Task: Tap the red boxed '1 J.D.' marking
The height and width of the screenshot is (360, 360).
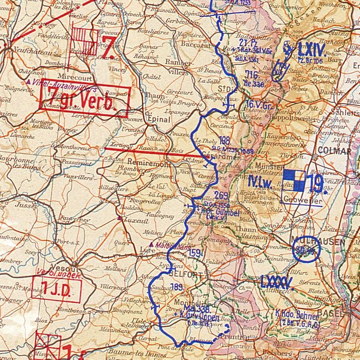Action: click(56, 286)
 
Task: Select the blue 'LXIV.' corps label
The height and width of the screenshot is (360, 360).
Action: click(310, 50)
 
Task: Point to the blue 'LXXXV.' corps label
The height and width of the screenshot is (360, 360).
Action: click(278, 282)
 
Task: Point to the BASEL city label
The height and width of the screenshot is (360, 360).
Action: click(329, 312)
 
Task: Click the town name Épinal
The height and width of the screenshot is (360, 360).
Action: click(158, 119)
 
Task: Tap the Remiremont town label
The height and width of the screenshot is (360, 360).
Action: click(145, 162)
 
